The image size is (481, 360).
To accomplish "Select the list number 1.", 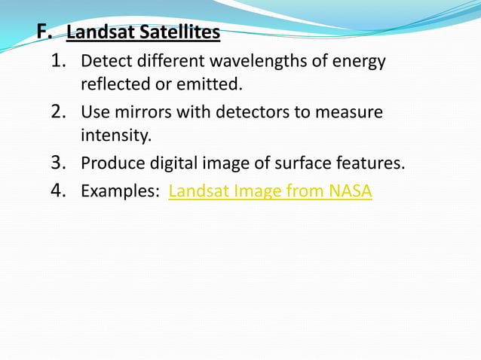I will point(60,60).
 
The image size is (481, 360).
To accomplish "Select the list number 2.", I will point(60,112).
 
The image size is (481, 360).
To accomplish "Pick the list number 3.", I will point(60,163).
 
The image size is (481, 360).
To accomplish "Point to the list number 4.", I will point(60,191).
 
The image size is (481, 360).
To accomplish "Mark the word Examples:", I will point(119,191).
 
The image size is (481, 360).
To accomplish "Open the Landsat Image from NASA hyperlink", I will point(270,191).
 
